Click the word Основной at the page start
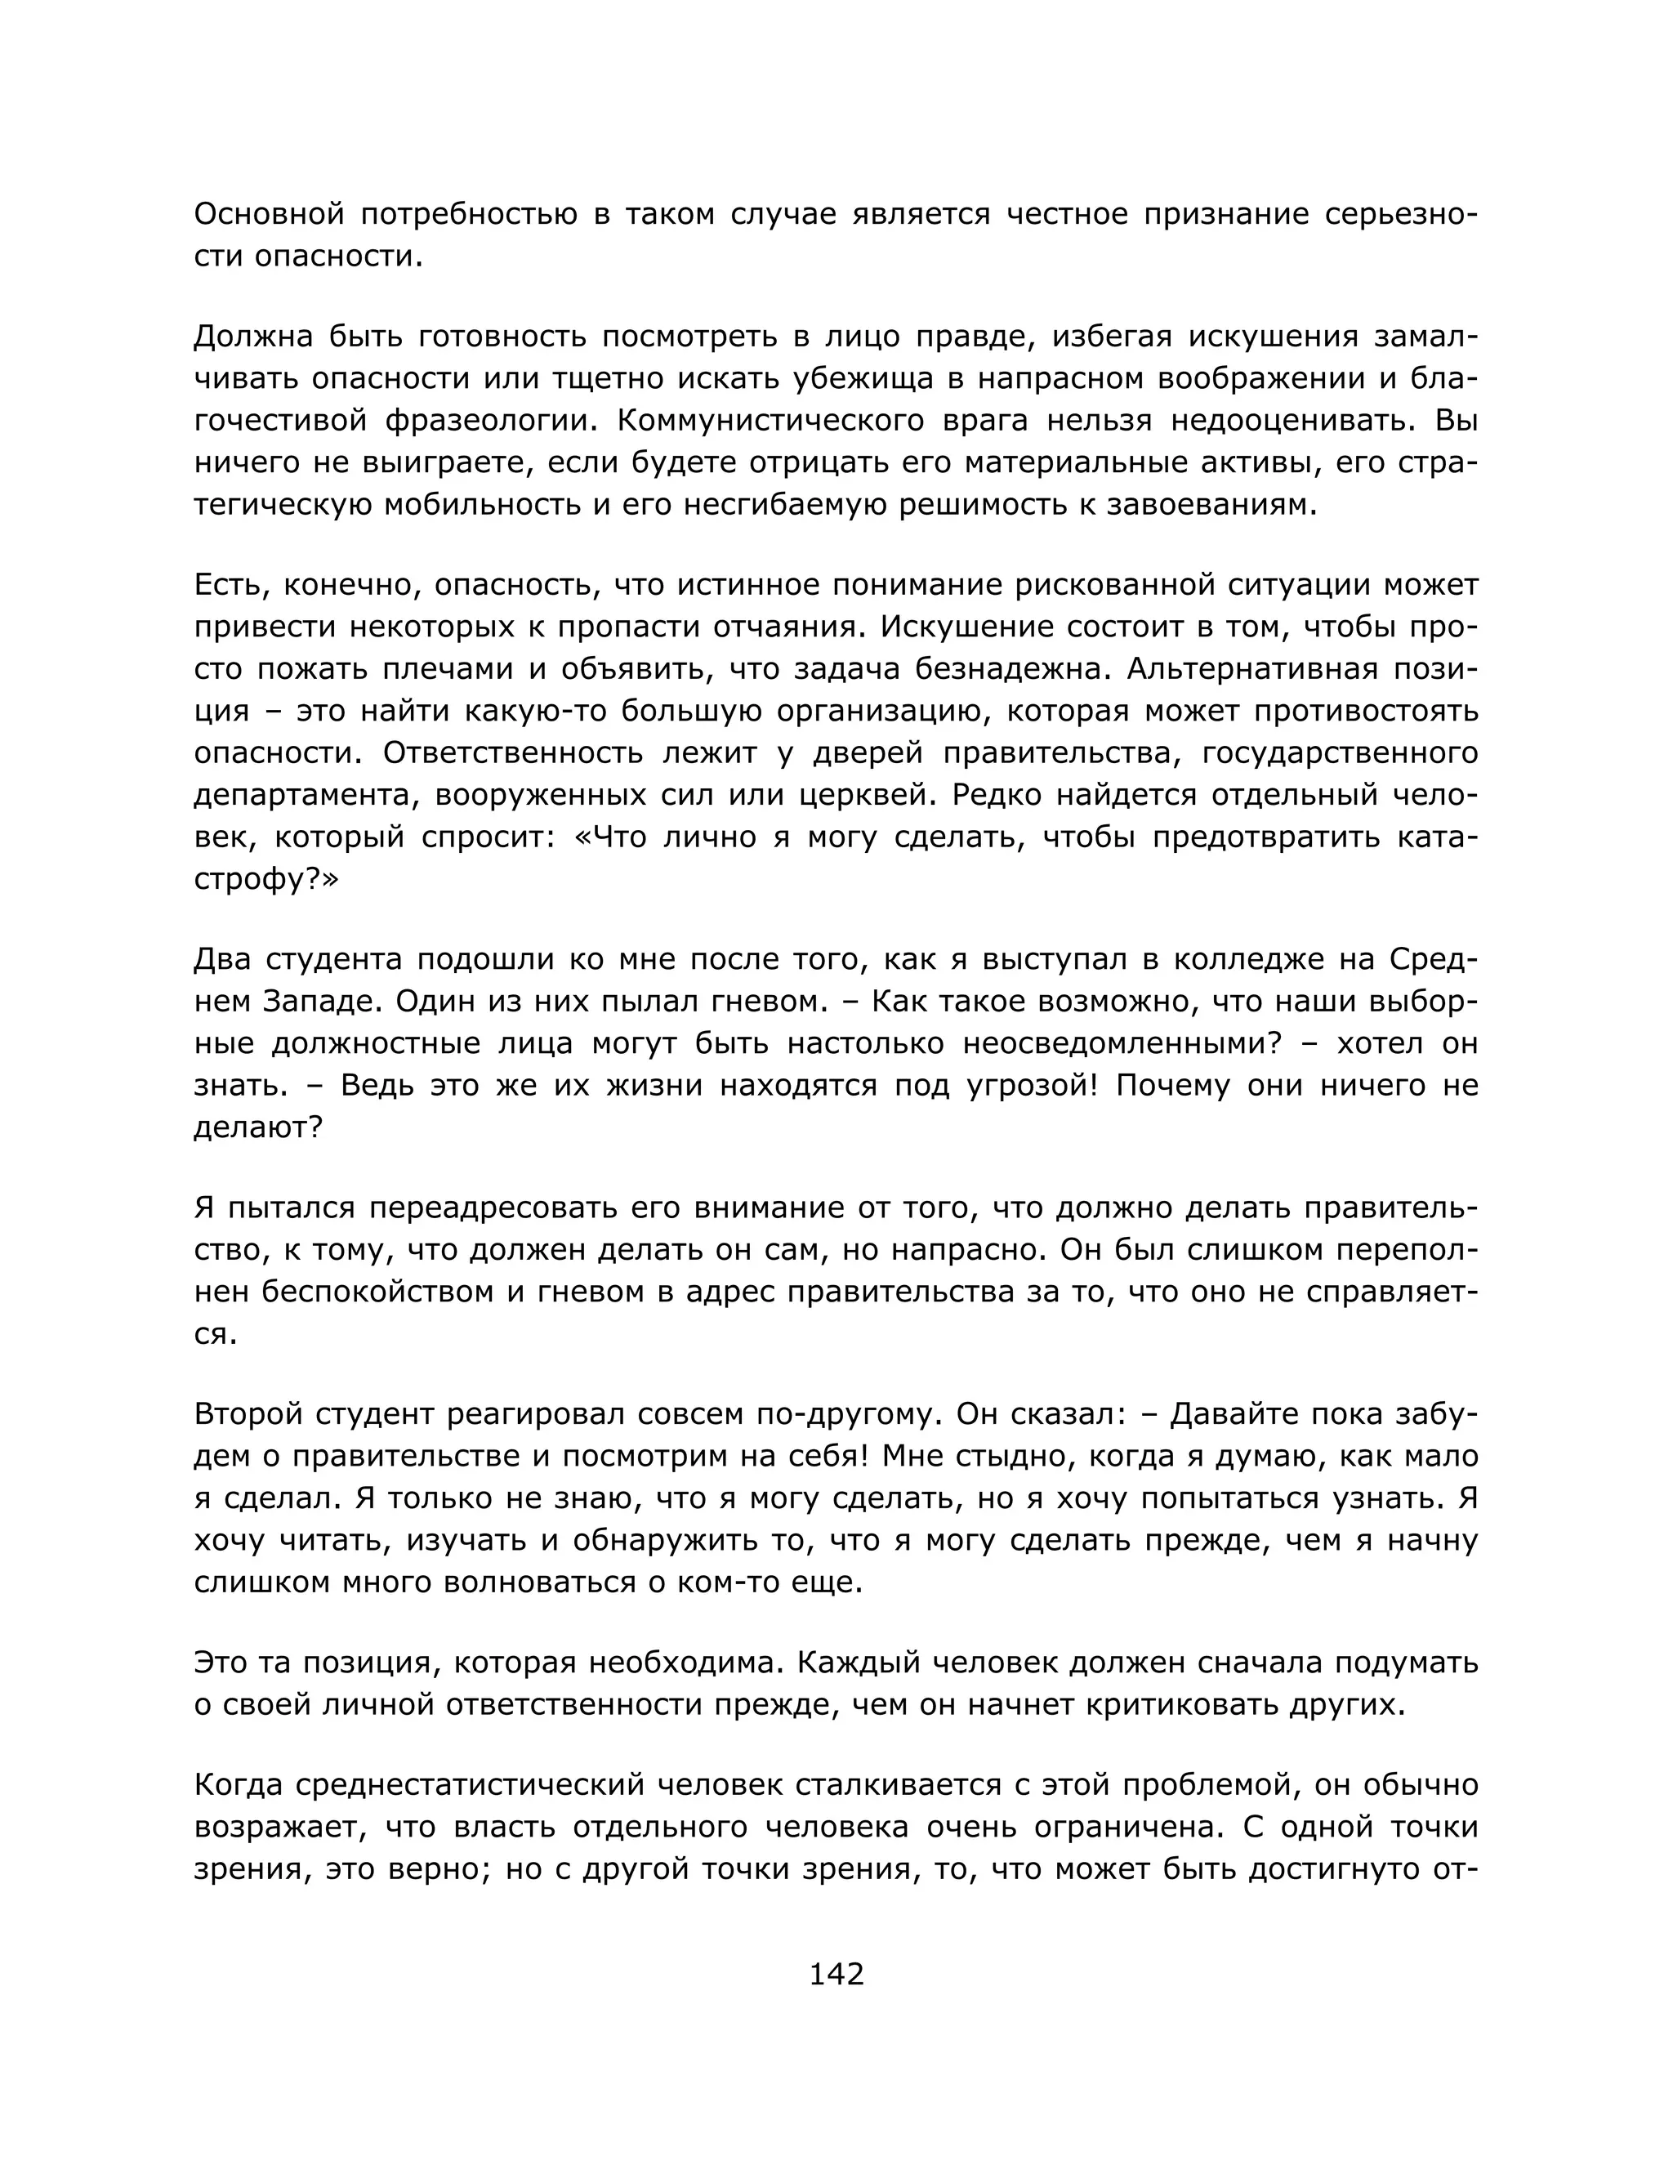tap(269, 214)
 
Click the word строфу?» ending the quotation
tap(265, 880)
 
